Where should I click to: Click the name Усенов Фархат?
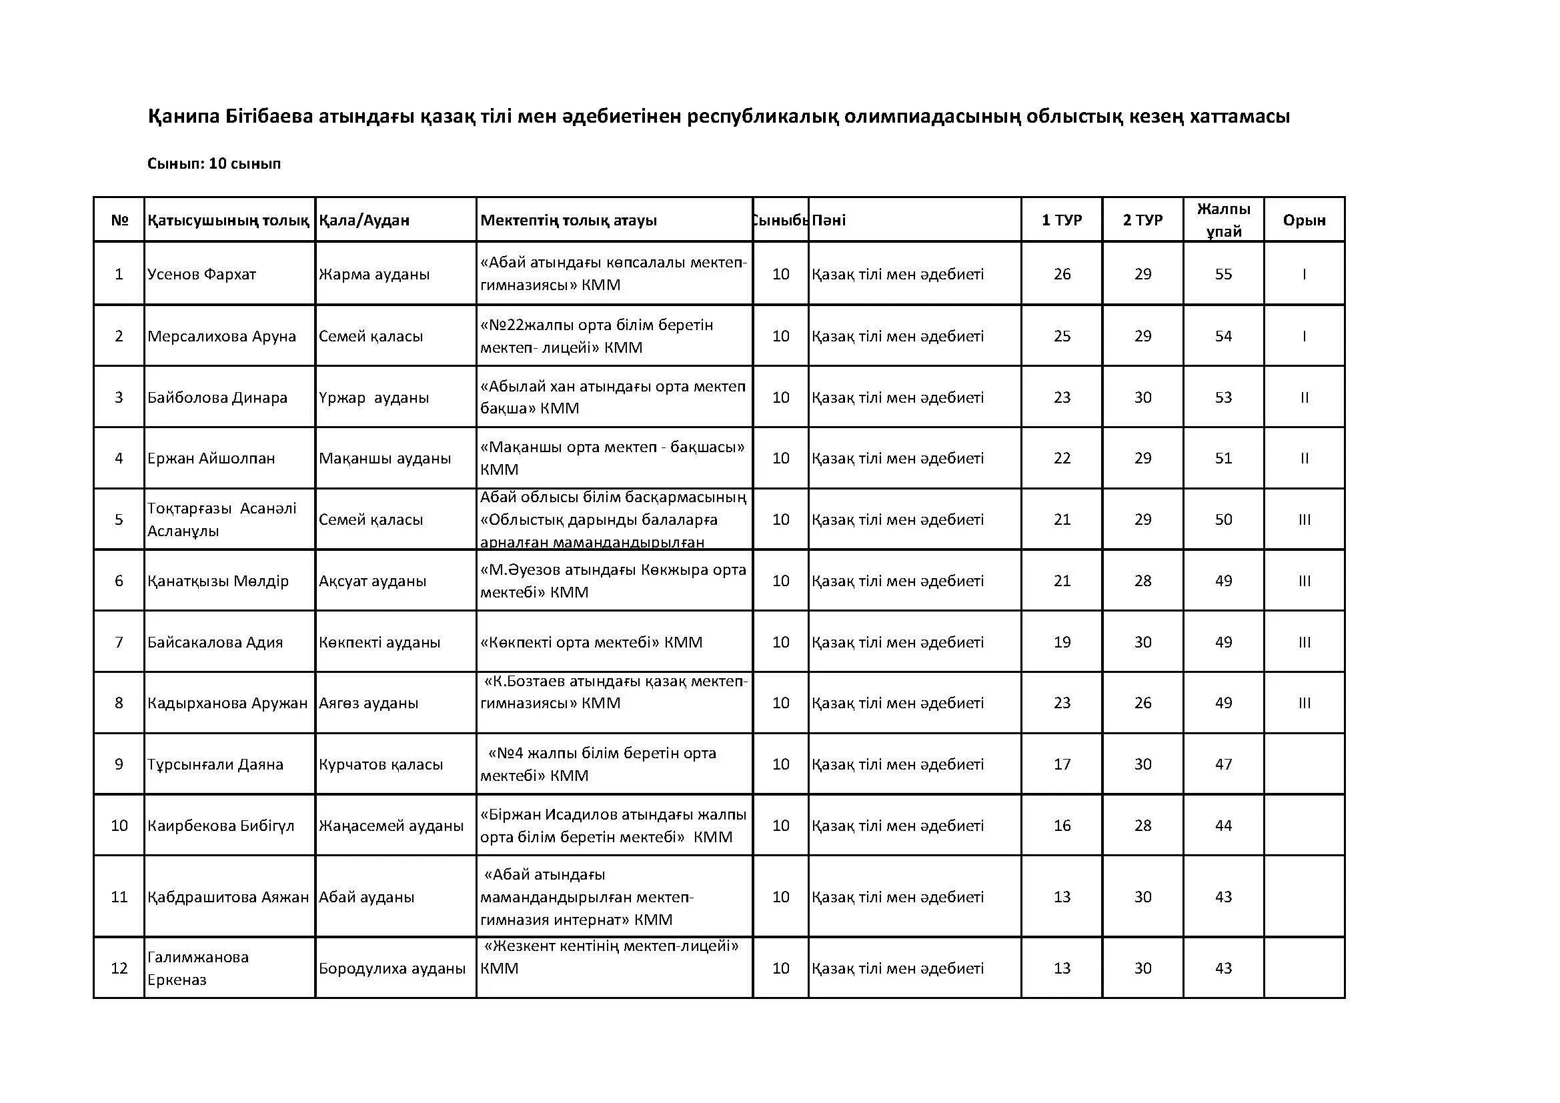[x=202, y=274]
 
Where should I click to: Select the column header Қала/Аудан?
[x=364, y=220]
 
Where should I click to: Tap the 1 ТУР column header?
[x=1061, y=220]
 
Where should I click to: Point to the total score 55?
[x=1223, y=274]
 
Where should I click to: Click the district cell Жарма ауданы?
[x=374, y=274]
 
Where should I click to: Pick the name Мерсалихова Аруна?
[x=222, y=336]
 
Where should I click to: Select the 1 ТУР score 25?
[x=1061, y=336]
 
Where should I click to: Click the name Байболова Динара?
[x=217, y=397]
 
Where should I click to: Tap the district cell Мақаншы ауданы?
[x=385, y=458]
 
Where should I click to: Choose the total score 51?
[x=1223, y=458]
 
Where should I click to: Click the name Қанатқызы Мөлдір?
[x=218, y=581]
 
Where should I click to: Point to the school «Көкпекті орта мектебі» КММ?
[x=591, y=642]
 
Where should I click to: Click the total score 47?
[x=1223, y=764]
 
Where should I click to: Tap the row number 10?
[x=119, y=825]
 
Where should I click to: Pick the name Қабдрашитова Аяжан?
[x=228, y=896]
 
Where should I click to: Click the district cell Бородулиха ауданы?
[x=392, y=968]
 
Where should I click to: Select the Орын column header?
[x=1304, y=220]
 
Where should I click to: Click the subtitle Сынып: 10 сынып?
[x=214, y=163]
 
